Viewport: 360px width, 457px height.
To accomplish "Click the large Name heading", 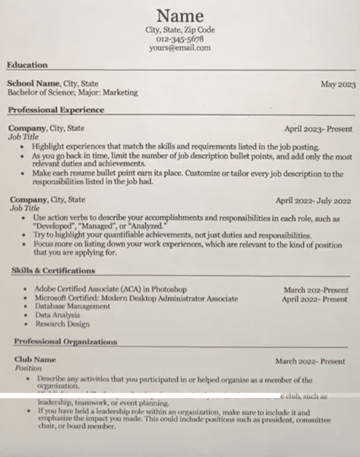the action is [180, 15].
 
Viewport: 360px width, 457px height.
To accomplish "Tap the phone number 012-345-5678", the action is [180, 38].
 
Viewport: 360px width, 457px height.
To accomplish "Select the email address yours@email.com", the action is [180, 47].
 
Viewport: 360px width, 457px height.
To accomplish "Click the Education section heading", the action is [27, 64].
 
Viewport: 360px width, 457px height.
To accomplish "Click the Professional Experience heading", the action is [56, 110].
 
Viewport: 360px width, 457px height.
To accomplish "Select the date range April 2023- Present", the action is [318, 130].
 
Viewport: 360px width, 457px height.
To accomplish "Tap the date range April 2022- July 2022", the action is [313, 201].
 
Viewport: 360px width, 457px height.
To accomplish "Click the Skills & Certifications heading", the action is [53, 271].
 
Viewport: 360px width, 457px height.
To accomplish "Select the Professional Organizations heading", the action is [65, 342].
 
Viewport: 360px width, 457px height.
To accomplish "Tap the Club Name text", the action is [35, 359].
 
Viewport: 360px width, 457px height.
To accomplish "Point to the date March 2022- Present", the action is [310, 361].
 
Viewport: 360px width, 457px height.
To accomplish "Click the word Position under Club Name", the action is [28, 368].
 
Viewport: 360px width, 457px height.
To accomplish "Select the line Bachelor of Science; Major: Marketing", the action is [72, 92].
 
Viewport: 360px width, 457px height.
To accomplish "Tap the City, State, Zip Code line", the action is [180, 30].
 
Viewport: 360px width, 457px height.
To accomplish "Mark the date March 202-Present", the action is [315, 290].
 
